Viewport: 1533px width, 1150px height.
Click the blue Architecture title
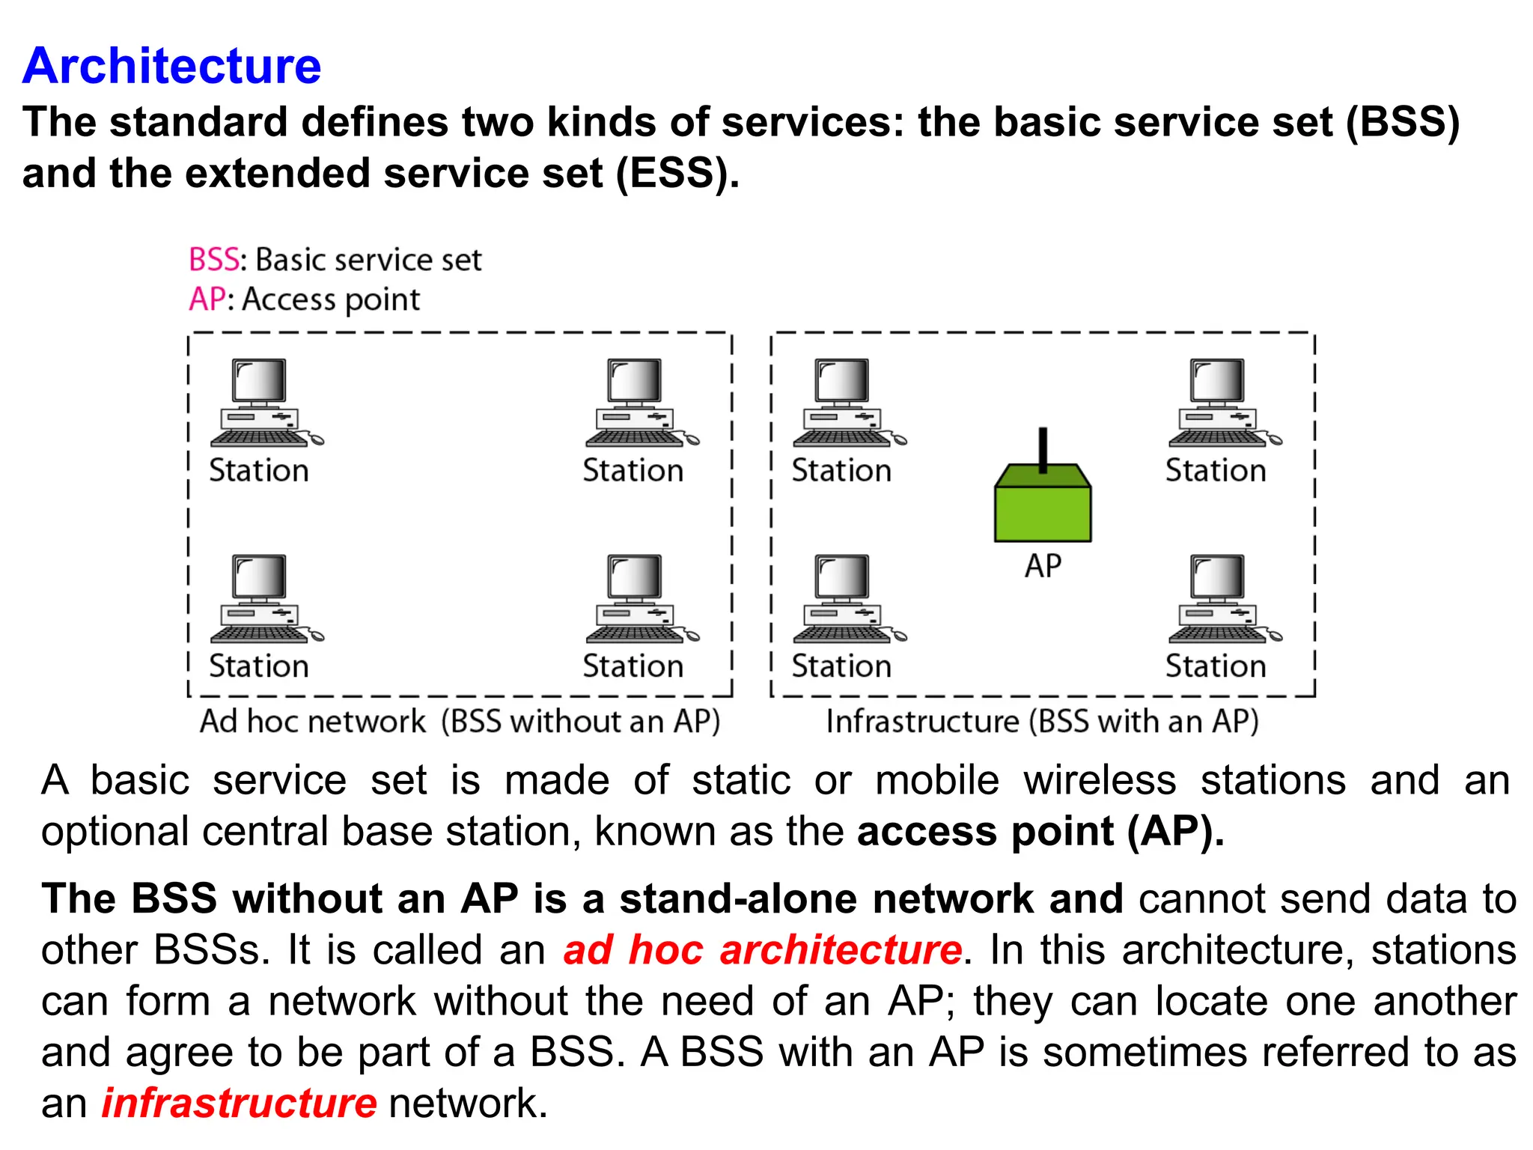pos(171,66)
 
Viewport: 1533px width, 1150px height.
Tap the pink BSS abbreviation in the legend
pos(213,260)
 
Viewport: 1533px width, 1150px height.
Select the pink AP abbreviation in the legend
pos(206,299)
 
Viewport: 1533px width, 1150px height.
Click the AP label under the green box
pos(1043,566)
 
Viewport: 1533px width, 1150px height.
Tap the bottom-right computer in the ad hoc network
pos(638,599)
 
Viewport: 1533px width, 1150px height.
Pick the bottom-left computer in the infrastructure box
pos(845,599)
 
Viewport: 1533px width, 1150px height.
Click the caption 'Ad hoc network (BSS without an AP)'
pos(460,722)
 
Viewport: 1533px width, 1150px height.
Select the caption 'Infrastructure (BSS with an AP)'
pos(1042,722)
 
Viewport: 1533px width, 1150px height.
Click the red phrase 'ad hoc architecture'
pos(762,950)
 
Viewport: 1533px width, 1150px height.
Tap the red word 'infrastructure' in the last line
pos(239,1104)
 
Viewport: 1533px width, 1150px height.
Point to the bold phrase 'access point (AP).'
pos(1040,832)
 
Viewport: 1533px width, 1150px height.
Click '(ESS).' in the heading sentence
pos(677,174)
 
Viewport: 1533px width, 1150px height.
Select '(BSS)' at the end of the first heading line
pos(1402,122)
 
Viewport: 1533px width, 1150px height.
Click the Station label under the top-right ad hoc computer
pos(633,471)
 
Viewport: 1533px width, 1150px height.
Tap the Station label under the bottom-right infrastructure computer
pos(1216,666)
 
